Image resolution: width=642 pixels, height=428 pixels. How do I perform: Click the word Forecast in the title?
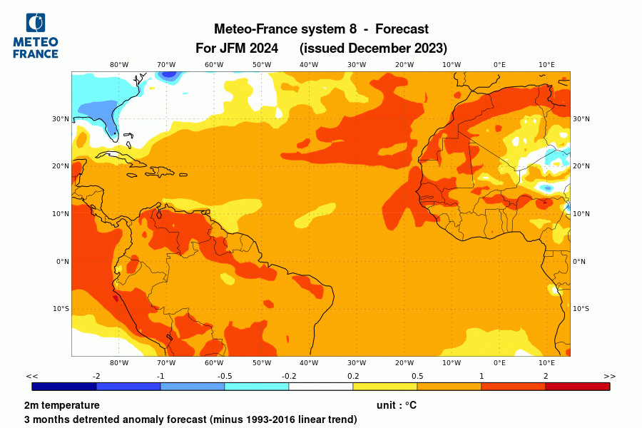pyautogui.click(x=402, y=29)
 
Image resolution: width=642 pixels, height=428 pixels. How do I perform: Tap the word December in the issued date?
pyautogui.click(x=375, y=49)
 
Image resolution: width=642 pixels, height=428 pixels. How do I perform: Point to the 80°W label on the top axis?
pyautogui.click(x=119, y=64)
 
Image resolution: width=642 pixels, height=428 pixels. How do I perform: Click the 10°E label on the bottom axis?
pyautogui.click(x=546, y=362)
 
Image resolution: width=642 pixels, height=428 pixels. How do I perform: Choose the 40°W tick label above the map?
pyautogui.click(x=309, y=64)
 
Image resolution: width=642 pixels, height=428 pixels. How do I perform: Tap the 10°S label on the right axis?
pyautogui.click(x=581, y=309)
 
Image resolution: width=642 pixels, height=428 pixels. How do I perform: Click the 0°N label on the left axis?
pyautogui.click(x=63, y=261)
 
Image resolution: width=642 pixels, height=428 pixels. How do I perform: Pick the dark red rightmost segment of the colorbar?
pyautogui.click(x=577, y=387)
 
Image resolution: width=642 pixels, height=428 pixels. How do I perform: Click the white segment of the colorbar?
pyautogui.click(x=320, y=387)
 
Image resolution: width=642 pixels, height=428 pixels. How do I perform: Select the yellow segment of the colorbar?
pyautogui.click(x=384, y=387)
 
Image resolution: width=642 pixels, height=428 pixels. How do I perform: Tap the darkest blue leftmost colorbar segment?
pyautogui.click(x=64, y=387)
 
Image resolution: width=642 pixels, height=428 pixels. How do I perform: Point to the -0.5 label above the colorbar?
pyautogui.click(x=224, y=376)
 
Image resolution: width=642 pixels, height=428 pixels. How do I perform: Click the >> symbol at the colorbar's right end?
pyautogui.click(x=609, y=376)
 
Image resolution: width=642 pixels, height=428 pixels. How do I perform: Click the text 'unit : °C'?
pyautogui.click(x=396, y=405)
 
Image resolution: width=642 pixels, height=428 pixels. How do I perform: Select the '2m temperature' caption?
pyautogui.click(x=61, y=405)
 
